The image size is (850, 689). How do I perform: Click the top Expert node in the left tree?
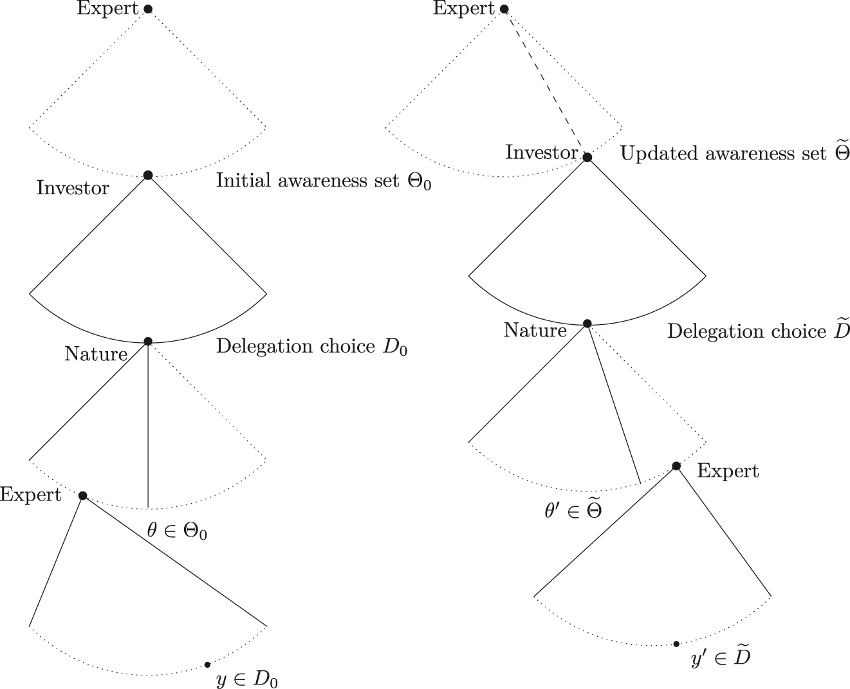[x=148, y=9]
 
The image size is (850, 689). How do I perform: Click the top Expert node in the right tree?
[x=504, y=9]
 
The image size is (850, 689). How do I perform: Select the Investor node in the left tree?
[x=148, y=175]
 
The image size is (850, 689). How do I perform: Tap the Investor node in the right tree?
[x=587, y=157]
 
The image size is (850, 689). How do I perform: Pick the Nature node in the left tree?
[x=148, y=341]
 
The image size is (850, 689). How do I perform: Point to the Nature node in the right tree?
[x=587, y=324]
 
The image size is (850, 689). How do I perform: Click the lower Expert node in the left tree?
[x=82, y=495]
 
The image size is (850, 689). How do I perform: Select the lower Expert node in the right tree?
[x=676, y=466]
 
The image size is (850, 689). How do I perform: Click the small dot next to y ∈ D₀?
[x=207, y=665]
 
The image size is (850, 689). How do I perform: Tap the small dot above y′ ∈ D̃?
[x=676, y=643]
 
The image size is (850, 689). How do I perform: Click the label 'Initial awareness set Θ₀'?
[x=324, y=181]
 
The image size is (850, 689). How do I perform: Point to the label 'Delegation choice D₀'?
[x=311, y=347]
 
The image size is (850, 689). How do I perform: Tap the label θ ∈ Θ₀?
[x=177, y=531]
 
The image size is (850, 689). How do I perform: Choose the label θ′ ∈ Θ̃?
[x=573, y=511]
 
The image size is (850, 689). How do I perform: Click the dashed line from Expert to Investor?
[x=546, y=83]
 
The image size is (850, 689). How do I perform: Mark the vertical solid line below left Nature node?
[x=148, y=425]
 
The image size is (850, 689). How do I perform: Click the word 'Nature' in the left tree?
[x=96, y=354]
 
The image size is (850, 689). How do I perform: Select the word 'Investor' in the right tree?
[x=542, y=152]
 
